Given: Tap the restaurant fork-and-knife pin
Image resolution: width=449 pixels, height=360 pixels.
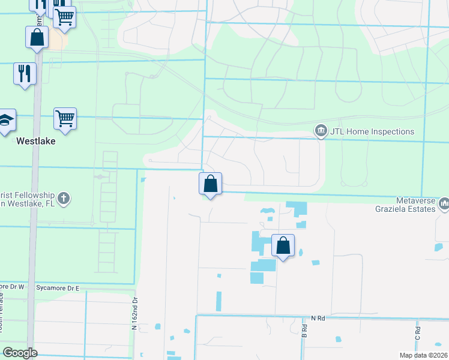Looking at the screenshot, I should [x=25, y=74].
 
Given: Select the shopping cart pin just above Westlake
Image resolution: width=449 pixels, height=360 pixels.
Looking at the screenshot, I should [x=65, y=118].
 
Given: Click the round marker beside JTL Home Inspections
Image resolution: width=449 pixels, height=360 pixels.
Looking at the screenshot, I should [x=321, y=131].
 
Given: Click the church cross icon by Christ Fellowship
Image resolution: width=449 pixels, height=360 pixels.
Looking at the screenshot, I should [x=64, y=197].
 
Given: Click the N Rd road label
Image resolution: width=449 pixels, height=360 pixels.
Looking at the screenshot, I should [x=318, y=318].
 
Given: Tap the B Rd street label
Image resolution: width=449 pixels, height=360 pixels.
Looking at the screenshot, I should [x=304, y=330].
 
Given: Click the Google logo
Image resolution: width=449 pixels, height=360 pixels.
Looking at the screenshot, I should [x=20, y=353].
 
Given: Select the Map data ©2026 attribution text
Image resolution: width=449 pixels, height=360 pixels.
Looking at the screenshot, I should [x=423, y=355].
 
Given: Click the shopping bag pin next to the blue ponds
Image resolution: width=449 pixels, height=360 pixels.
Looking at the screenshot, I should [x=283, y=245].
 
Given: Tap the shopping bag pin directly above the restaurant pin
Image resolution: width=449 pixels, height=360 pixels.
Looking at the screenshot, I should [x=37, y=37].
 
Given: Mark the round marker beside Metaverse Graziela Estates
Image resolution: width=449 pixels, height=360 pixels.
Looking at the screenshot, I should [x=444, y=205].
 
